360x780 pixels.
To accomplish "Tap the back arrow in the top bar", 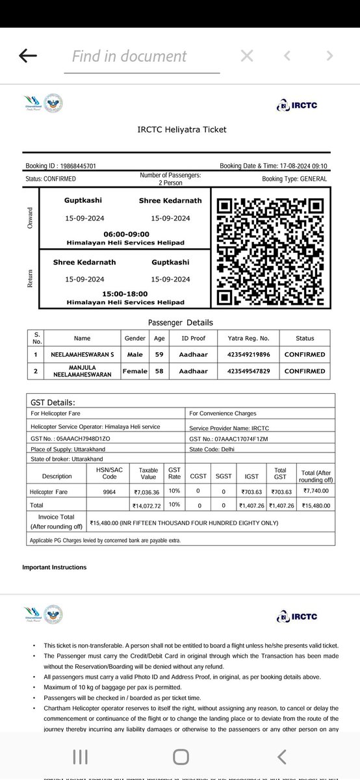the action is click(28, 56).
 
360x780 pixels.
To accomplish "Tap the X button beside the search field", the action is click(247, 56).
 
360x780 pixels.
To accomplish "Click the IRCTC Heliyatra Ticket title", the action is click(182, 129).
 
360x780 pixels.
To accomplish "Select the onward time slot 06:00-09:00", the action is click(126, 234).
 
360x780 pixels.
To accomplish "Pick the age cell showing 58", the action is click(160, 371).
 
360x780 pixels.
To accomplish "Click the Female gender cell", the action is click(135, 371).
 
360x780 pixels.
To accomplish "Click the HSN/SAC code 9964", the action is click(110, 491).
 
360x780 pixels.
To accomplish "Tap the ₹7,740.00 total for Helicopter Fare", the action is click(315, 491).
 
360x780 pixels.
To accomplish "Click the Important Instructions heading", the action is click(54, 567).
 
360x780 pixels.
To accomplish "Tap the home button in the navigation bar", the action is click(181, 756).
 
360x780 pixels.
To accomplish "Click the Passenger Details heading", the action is click(180, 322).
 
